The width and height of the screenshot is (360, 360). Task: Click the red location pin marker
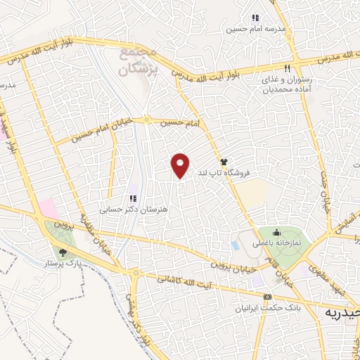(181, 165)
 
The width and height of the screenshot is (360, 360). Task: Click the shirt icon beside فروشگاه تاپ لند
(224, 160)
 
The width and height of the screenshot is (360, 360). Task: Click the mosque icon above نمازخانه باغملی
(276, 233)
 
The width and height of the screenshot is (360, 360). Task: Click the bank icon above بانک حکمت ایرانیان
(266, 297)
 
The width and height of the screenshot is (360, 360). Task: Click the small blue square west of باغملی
(235, 245)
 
